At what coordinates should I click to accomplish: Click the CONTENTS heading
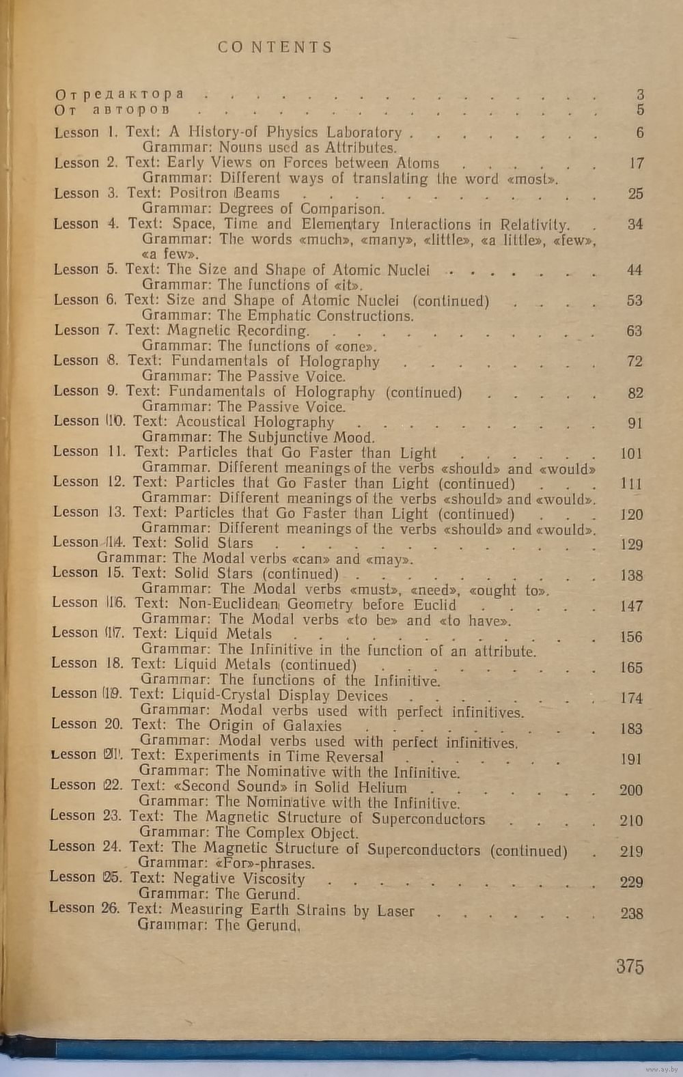(x=275, y=47)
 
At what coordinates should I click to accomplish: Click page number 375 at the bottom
(x=629, y=966)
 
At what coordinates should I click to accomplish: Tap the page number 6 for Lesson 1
(x=639, y=132)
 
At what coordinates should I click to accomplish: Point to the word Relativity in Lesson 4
(x=533, y=224)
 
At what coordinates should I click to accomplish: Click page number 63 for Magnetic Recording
(x=634, y=331)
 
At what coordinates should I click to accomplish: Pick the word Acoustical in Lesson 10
(x=210, y=422)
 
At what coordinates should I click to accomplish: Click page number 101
(x=630, y=453)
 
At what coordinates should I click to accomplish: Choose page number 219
(x=630, y=852)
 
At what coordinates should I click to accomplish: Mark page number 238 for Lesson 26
(x=631, y=913)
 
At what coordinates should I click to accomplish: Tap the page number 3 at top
(x=639, y=95)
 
